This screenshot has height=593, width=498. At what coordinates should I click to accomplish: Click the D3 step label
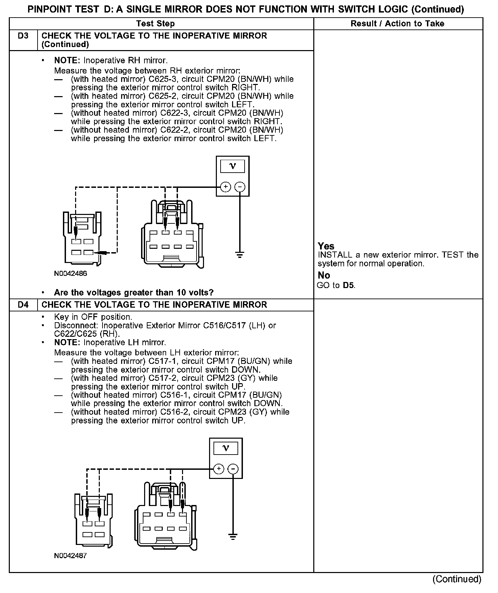[x=23, y=36]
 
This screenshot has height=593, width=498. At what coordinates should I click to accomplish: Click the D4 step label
[x=23, y=305]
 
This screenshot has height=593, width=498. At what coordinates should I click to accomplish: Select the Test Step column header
[x=155, y=24]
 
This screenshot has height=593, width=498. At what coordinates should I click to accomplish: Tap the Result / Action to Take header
[x=398, y=24]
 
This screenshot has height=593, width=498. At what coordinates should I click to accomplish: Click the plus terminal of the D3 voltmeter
[x=226, y=187]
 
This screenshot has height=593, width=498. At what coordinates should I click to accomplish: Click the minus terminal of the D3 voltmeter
[x=240, y=187]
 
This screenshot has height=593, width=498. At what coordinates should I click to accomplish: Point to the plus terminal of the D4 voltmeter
[x=219, y=469]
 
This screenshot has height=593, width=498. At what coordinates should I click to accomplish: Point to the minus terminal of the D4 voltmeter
[x=233, y=469]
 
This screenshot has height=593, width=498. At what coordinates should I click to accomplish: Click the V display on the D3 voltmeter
[x=233, y=166]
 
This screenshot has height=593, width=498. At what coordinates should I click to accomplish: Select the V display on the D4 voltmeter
[x=226, y=448]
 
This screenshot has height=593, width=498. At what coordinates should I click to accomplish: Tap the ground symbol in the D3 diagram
[x=240, y=255]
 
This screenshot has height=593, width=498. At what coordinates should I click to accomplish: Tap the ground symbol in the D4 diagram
[x=233, y=536]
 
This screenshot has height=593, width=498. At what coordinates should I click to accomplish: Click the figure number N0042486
[x=70, y=273]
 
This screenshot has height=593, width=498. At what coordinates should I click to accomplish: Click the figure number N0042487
[x=70, y=556]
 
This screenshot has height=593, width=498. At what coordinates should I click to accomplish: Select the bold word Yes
[x=326, y=246]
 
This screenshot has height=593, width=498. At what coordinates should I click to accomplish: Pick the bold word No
[x=324, y=275]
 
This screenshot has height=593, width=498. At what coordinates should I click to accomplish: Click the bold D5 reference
[x=348, y=285]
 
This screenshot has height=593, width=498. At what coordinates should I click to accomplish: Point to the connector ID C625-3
[x=161, y=79]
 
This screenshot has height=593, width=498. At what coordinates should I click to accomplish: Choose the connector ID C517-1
[x=161, y=361]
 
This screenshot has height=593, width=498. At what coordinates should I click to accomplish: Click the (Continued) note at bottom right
[x=457, y=579]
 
